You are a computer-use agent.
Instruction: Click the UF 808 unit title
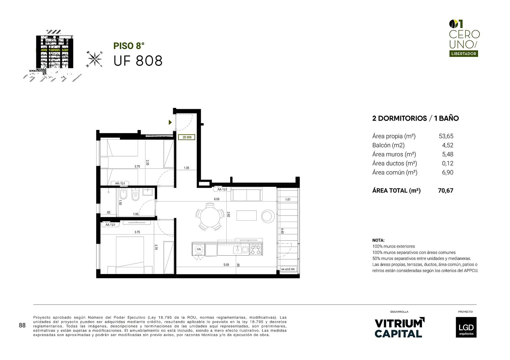point(138,61)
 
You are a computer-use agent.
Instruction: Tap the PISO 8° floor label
point(129,46)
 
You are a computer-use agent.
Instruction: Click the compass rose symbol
point(94,59)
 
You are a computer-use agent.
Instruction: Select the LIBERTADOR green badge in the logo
point(463,54)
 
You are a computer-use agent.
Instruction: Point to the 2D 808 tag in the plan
point(187,138)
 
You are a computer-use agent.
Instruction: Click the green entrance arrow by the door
point(170,122)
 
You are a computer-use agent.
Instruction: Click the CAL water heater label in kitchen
point(199,249)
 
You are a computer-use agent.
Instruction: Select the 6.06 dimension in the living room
point(216,199)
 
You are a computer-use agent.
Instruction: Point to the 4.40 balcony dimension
point(282,231)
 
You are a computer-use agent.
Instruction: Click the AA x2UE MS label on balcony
point(288,269)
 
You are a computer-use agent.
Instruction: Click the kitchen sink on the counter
point(237,250)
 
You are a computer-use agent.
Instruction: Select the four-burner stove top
point(256,250)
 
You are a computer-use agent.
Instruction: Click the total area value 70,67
point(446,191)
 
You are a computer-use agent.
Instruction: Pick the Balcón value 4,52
point(448,145)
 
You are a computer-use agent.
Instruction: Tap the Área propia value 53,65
point(446,136)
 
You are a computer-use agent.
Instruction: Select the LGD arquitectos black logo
point(466,327)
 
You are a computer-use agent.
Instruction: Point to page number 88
point(22,325)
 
